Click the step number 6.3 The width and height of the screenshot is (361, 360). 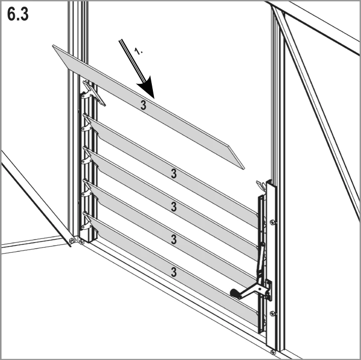[x=18, y=14]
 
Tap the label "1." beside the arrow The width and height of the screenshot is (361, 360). [x=138, y=51]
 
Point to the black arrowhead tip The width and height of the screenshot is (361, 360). [x=153, y=98]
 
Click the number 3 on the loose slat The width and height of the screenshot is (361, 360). [x=143, y=105]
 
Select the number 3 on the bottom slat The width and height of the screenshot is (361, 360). [x=174, y=272]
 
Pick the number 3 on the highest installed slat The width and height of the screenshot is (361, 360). [x=174, y=174]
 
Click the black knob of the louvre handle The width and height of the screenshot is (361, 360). [x=235, y=293]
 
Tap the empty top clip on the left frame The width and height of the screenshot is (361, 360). [x=92, y=93]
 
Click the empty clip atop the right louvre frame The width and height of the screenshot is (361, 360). [x=261, y=185]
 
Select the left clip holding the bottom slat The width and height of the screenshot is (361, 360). [x=87, y=221]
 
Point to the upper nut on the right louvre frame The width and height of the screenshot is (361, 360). [x=273, y=222]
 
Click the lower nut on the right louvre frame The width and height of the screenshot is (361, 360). [x=273, y=313]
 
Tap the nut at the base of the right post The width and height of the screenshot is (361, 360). [x=273, y=352]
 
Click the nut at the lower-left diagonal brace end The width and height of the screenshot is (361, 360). [x=72, y=241]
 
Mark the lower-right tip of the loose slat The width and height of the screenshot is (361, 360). [x=244, y=169]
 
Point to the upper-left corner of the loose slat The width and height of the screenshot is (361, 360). [x=53, y=45]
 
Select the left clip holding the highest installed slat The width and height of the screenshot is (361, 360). [x=87, y=123]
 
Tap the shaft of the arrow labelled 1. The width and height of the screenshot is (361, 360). [x=132, y=61]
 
